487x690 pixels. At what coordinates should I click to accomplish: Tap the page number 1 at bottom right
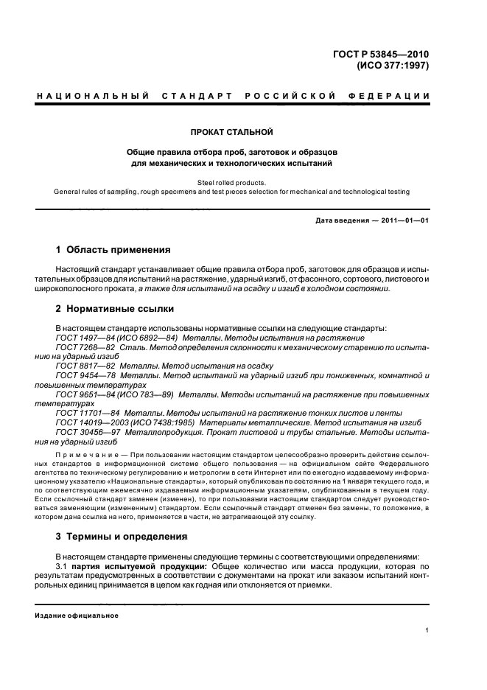coord(428,630)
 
